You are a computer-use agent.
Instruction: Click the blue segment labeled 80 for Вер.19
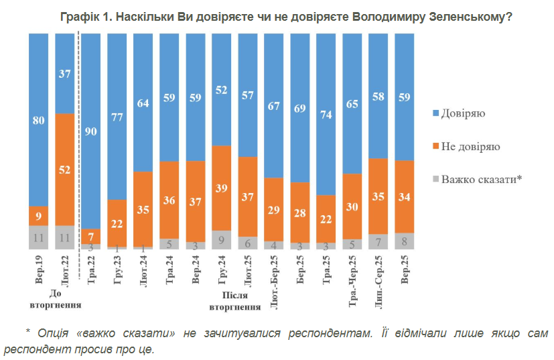tap(38, 121)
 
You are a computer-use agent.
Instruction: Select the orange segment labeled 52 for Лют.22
tap(64, 170)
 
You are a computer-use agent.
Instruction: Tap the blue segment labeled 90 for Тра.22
tap(91, 131)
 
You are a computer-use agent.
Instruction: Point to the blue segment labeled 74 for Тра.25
tap(326, 114)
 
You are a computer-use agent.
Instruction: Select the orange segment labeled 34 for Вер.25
tap(404, 196)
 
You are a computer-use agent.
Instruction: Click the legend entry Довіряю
tap(462, 113)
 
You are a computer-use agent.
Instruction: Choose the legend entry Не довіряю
tap(470, 146)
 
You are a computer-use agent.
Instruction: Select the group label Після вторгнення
tap(234, 300)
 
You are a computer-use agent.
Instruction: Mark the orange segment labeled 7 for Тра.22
tap(91, 236)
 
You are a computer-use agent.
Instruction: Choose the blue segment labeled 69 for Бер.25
tap(299, 107)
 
